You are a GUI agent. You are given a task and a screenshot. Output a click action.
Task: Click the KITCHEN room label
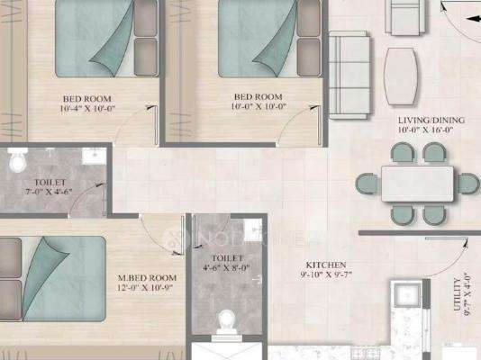326,265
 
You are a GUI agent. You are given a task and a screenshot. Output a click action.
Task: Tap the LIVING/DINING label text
431,120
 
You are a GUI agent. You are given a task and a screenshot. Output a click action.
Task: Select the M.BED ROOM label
147,278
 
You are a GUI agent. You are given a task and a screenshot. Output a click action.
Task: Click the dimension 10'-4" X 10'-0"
87,109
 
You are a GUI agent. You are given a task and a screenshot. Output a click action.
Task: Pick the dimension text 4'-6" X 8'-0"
226,268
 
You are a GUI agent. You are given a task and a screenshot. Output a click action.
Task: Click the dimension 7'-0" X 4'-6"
49,192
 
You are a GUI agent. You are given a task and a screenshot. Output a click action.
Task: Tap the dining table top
417,184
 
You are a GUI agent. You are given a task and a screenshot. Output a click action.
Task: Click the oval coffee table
401,76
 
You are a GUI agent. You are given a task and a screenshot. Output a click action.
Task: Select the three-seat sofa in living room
349,75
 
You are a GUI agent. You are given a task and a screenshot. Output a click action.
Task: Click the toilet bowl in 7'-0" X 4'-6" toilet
17,160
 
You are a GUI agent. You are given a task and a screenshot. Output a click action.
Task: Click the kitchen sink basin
407,295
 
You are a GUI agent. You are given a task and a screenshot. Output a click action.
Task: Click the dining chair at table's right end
468,184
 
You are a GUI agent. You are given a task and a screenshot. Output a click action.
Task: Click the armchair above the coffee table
405,17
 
